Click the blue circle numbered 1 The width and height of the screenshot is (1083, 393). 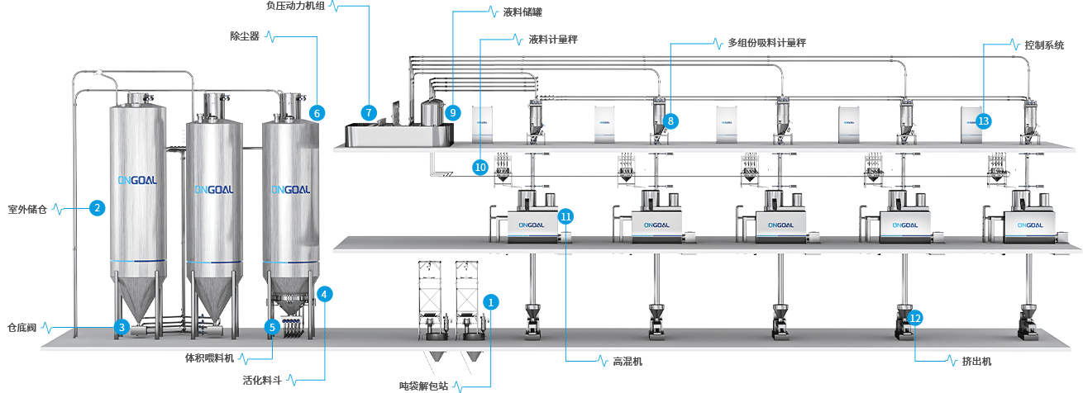[x=491, y=302]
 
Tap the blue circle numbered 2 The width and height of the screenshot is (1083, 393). [x=98, y=208]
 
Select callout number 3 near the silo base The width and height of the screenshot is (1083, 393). [x=122, y=328]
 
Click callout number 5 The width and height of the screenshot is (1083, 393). [x=271, y=327]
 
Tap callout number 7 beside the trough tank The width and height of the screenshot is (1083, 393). [x=369, y=111]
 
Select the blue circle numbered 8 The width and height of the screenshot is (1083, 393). [x=671, y=121]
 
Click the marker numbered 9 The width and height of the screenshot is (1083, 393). [x=451, y=111]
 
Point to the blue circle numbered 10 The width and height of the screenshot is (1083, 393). [x=480, y=166]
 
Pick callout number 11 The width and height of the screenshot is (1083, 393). [x=565, y=216]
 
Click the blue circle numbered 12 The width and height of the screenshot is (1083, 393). [x=914, y=317]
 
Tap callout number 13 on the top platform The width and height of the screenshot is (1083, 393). [x=983, y=121]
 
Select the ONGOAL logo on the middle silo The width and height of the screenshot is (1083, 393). [x=215, y=189]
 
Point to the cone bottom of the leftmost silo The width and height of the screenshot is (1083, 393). [x=137, y=298]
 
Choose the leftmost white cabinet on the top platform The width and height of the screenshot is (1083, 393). [x=483, y=122]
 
